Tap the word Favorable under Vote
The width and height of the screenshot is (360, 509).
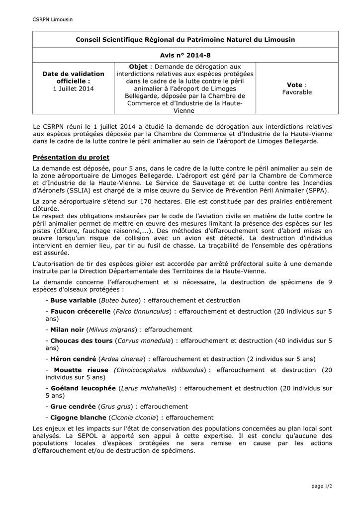(297, 92)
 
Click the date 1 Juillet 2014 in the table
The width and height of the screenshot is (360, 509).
(73, 88)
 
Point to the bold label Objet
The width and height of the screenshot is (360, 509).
(138, 67)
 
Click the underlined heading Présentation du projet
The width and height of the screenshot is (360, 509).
(71, 158)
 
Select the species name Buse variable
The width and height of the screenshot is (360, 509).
(74, 300)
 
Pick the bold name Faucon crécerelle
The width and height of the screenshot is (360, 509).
(81, 311)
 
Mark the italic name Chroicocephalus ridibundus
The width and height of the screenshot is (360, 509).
(160, 370)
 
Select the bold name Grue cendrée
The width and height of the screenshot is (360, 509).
(73, 407)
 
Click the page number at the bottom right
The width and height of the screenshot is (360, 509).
(322, 486)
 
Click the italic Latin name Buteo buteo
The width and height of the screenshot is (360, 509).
(119, 300)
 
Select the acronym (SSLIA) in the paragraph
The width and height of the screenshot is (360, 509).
(95, 191)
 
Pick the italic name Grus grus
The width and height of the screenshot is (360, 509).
(116, 407)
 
